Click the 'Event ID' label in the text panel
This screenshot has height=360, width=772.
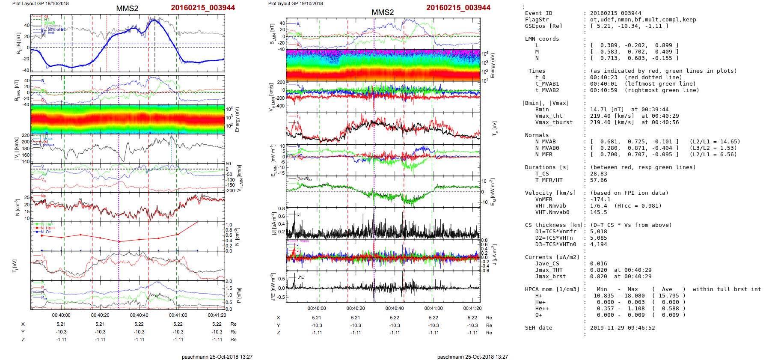(x=538, y=13)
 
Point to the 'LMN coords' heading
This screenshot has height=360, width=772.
(x=542, y=39)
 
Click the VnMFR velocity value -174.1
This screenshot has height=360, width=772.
(x=600, y=199)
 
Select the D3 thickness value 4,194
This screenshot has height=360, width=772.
(x=598, y=244)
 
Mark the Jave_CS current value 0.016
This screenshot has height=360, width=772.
(x=598, y=264)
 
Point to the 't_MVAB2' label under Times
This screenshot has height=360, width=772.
(x=547, y=90)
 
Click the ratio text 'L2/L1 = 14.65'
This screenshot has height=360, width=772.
(x=715, y=142)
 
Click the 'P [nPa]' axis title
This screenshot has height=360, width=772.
(x=238, y=295)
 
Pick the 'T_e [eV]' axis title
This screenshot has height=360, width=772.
(x=495, y=128)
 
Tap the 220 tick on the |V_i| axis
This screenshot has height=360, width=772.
(x=26, y=136)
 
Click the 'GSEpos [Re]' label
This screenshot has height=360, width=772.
(x=543, y=26)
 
